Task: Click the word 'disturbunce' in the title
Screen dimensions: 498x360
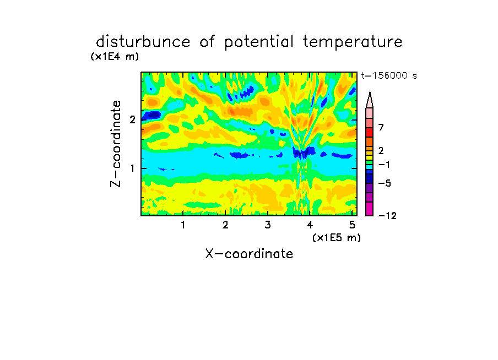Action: [143, 42]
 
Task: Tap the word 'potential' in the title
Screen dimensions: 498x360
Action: [259, 42]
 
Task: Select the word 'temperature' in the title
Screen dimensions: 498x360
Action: [353, 42]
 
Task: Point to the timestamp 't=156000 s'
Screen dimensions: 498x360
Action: [389, 75]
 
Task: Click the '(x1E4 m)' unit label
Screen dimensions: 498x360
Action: [115, 57]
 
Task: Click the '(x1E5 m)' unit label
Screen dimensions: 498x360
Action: [337, 237]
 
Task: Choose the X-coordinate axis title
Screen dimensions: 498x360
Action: [249, 254]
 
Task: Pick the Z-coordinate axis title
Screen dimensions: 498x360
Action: [116, 144]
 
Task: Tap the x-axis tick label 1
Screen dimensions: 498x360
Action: [183, 225]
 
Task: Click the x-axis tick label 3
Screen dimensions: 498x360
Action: [268, 225]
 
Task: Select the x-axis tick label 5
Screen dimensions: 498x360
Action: [352, 225]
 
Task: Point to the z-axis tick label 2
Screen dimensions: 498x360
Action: [132, 119]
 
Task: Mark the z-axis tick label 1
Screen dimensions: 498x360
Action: [132, 168]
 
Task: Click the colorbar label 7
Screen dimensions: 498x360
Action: [381, 127]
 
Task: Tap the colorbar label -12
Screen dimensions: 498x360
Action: [387, 216]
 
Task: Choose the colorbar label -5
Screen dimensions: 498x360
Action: [385, 183]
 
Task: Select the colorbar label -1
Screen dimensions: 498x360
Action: [384, 165]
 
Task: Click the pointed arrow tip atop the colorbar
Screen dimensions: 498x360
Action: [370, 92]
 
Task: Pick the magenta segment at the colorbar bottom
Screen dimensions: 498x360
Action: [370, 209]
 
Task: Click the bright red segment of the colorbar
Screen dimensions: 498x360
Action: [370, 132]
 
